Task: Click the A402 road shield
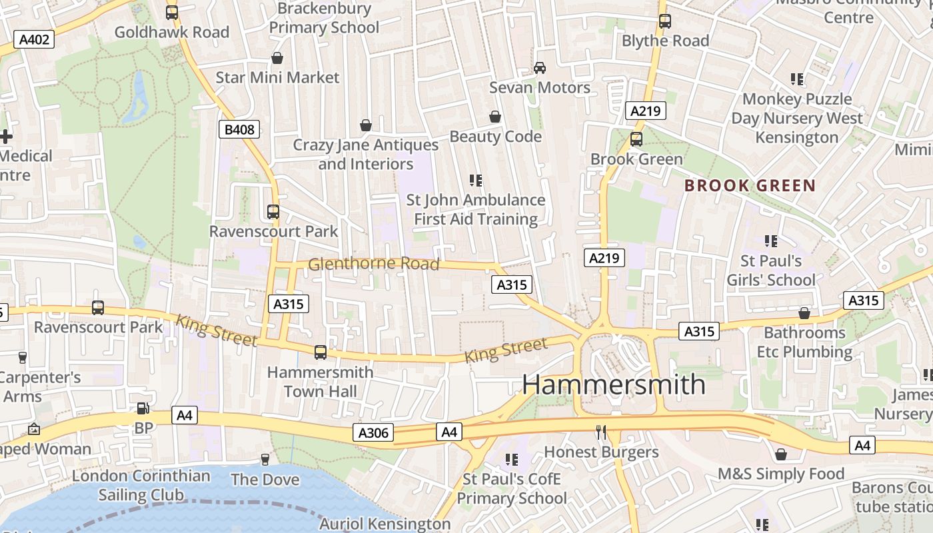pos(34,39)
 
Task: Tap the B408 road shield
pos(239,129)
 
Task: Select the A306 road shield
pos(373,433)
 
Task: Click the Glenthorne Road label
pos(373,265)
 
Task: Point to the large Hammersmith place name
pos(613,384)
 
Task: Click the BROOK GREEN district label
pos(750,186)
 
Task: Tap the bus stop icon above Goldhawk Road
pos(172,12)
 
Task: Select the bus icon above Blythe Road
pos(664,21)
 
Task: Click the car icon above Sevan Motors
pos(540,68)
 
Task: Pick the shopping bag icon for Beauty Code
pos(495,117)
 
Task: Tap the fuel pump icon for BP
pos(143,408)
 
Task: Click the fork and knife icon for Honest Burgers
pos(601,432)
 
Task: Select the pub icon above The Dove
pos(265,459)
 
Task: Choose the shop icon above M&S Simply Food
pos(780,454)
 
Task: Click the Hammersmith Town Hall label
pos(320,382)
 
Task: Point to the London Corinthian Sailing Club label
pos(141,485)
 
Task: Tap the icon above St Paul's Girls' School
pos(771,241)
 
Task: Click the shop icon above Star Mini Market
pos(277,58)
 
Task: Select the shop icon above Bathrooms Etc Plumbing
pos(804,313)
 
